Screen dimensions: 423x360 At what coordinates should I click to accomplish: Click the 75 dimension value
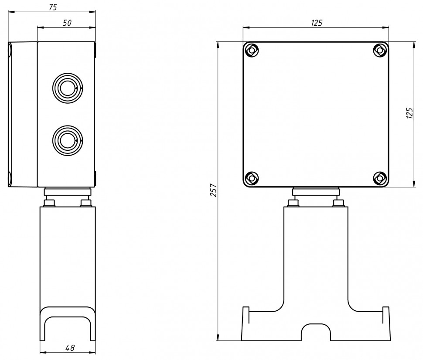(x=53, y=7)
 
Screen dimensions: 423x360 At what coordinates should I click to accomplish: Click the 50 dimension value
(x=67, y=23)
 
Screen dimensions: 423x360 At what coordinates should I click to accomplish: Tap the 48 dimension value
(x=70, y=348)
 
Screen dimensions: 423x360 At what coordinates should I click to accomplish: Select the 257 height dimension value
(x=213, y=190)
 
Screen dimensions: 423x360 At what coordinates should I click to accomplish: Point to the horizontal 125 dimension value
(x=317, y=23)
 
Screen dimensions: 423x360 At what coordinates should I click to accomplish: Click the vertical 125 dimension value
(x=409, y=113)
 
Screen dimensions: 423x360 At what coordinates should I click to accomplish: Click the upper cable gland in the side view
(x=68, y=88)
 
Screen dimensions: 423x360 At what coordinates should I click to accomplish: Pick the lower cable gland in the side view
(x=68, y=140)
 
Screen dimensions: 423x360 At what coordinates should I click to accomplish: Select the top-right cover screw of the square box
(x=380, y=50)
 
